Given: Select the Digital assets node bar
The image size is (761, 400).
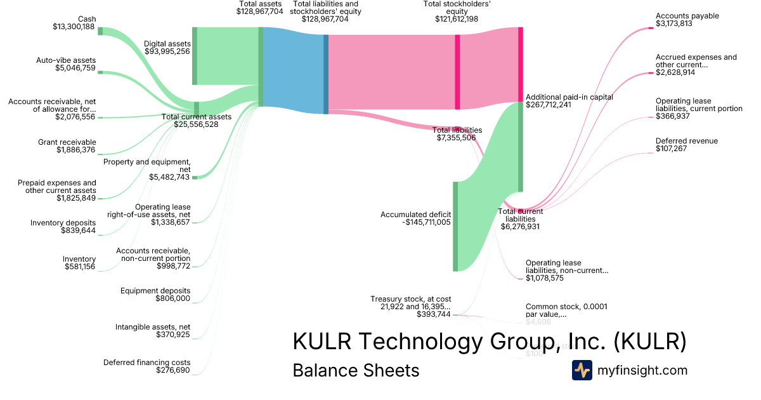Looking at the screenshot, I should tap(195, 56).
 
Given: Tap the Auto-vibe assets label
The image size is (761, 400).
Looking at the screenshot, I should tap(66, 60).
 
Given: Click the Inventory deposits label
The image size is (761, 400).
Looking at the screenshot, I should tap(63, 223).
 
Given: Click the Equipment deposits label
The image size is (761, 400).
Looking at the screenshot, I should tap(155, 291).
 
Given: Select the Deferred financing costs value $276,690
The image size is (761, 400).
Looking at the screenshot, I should tap(172, 370).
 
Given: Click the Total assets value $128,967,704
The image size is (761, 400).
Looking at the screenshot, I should tap(259, 11).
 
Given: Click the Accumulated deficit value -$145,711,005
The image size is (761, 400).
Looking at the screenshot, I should tap(426, 222).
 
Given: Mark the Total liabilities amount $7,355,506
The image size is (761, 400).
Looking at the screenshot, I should tap(457, 138).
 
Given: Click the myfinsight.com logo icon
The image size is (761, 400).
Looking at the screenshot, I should tap(582, 370).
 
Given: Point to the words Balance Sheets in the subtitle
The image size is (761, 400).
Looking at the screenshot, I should tap(356, 370).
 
